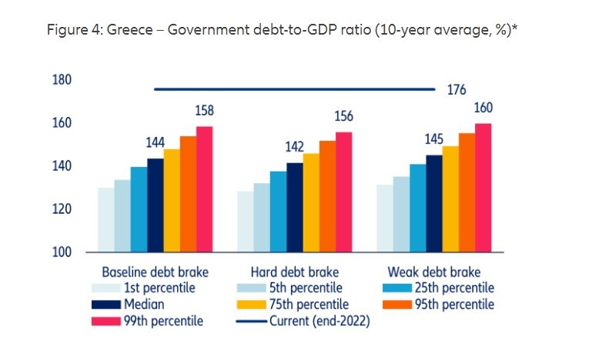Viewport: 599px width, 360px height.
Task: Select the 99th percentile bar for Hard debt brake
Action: coord(343,192)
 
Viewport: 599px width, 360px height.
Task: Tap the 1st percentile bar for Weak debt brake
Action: coord(384,218)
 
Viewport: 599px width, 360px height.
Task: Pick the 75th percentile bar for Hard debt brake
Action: coord(311,203)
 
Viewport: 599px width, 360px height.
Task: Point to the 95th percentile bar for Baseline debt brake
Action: coord(188,194)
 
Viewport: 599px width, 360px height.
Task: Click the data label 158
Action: coord(204,112)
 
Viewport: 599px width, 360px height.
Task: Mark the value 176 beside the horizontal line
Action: coord(457,90)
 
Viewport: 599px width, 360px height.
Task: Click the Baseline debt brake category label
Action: coord(156,272)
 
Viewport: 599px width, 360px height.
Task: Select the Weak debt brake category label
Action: coord(435,272)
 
